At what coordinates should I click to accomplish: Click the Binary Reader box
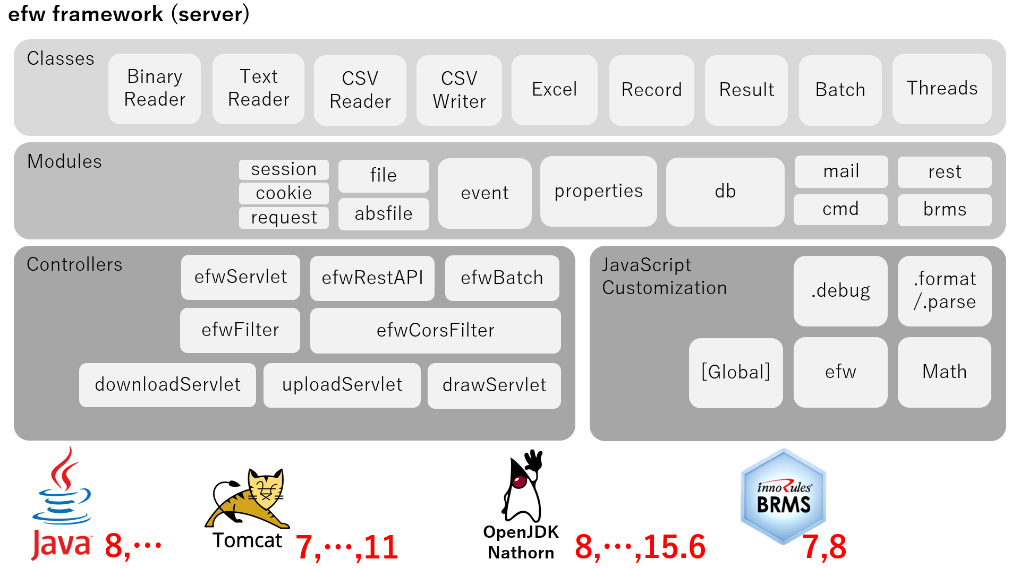click(155, 89)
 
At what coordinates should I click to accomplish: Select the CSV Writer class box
click(459, 90)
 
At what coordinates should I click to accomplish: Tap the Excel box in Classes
click(554, 90)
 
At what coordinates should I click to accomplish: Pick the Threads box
click(942, 89)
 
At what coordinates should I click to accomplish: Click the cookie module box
click(284, 193)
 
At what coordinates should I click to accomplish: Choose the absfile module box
click(384, 214)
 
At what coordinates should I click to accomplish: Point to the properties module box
click(599, 192)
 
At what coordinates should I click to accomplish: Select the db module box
click(725, 192)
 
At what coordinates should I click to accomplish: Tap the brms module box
click(945, 210)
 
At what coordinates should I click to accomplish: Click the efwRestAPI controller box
click(372, 278)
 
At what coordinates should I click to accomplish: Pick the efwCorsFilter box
click(435, 330)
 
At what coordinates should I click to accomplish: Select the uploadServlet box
click(342, 385)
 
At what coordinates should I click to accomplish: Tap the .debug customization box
click(840, 291)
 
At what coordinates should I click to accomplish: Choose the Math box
click(945, 372)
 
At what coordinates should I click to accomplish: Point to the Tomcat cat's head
click(266, 487)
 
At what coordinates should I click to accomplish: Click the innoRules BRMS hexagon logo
click(784, 497)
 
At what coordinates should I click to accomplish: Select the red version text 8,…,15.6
click(640, 547)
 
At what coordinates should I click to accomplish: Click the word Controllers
click(74, 264)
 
